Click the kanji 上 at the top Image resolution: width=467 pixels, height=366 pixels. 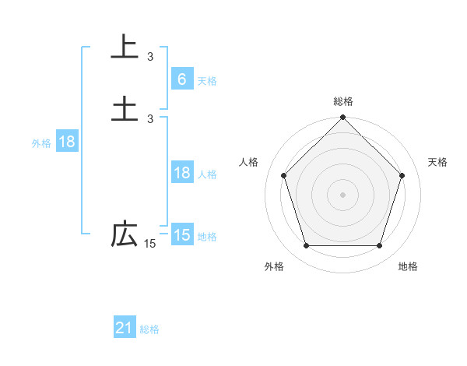point(125,46)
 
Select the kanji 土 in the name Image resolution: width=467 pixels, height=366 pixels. point(125,107)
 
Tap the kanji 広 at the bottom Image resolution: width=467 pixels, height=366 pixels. point(125,234)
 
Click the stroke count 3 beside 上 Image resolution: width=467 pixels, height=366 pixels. point(150,56)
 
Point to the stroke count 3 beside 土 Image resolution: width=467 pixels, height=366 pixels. point(150,118)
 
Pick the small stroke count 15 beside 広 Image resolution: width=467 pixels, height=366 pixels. point(149,245)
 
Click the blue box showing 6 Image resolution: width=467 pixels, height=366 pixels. point(181,79)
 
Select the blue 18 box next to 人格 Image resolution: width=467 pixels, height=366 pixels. point(181,173)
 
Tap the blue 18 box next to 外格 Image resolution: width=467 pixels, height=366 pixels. point(66,142)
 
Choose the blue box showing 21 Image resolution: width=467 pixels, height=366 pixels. point(125,328)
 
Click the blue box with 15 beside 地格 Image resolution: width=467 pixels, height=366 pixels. point(181,235)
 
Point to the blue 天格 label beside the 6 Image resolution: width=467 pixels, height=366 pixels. point(207,80)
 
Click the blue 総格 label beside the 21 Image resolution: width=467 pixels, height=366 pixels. point(149,329)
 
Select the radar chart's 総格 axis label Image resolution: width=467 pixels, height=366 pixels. point(343,101)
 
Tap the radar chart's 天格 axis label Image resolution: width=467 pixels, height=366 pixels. point(438,162)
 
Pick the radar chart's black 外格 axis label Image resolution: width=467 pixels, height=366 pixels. point(274,266)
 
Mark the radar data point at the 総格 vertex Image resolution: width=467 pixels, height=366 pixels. point(343,118)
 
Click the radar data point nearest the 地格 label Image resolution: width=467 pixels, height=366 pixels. point(379,246)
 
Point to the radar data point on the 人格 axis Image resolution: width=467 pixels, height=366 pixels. point(283,175)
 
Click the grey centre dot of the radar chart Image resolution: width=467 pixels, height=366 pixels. point(343,195)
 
